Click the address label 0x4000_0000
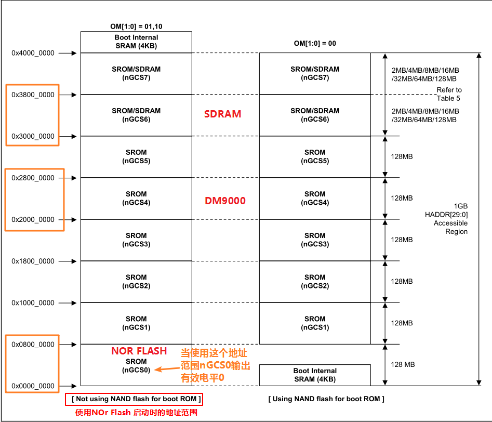tap(33, 53)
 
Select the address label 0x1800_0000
tap(33, 261)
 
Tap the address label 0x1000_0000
tap(33, 303)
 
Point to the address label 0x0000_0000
tap(33, 386)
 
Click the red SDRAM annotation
tap(222, 114)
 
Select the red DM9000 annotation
tap(225, 201)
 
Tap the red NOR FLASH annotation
tap(139, 351)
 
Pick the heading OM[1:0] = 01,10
tap(137, 25)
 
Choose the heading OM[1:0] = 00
tap(315, 44)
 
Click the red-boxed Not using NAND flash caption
tap(134, 399)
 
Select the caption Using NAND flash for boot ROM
tap(326, 399)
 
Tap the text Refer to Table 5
tap(449, 94)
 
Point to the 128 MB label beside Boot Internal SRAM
tap(403, 365)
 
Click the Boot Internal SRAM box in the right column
tap(315, 375)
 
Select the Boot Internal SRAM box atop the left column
tap(136, 42)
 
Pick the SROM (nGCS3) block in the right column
tap(315, 240)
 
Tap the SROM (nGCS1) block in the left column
tap(136, 323)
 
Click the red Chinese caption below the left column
tap(136, 413)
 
